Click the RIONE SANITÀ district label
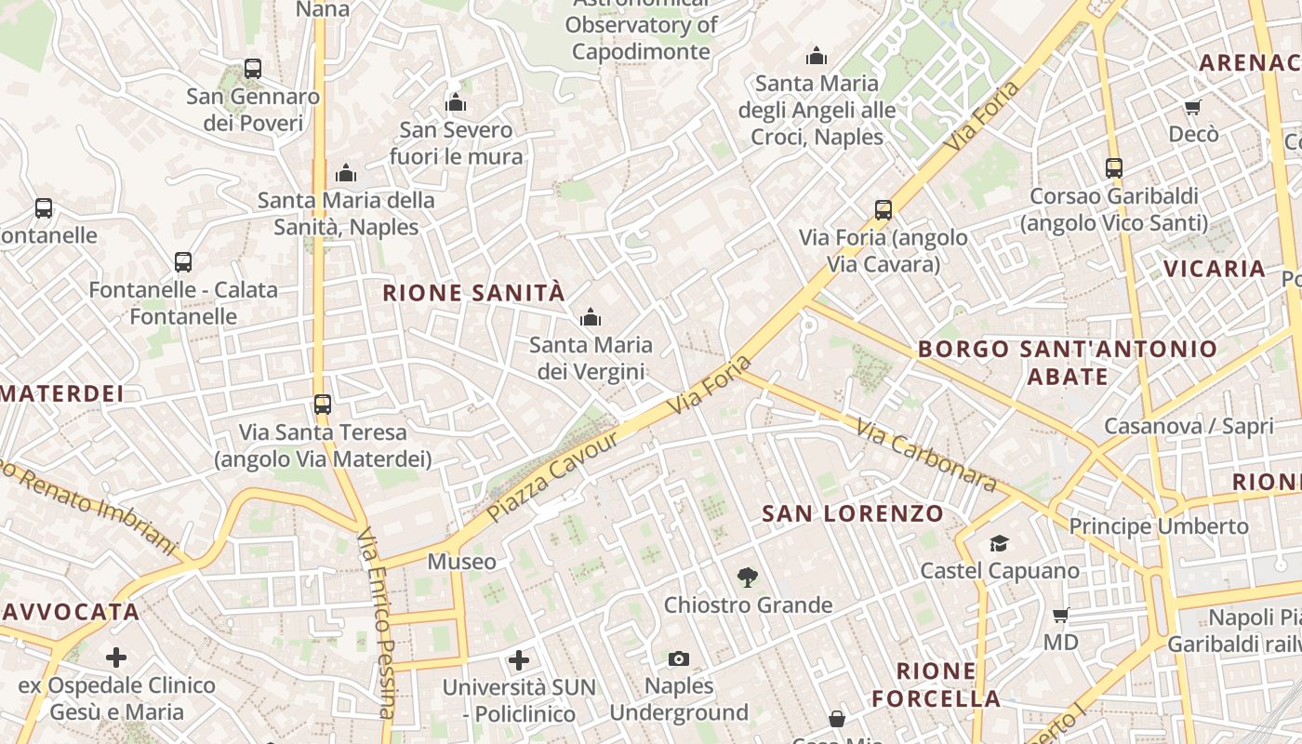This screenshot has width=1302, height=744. [473, 293]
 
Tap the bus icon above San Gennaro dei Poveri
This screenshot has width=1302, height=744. [253, 68]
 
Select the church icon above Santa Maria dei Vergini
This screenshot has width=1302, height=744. [591, 318]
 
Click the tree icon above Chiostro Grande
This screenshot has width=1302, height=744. [747, 578]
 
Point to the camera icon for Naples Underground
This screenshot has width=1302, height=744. [679, 658]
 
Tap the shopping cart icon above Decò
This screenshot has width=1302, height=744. [1192, 107]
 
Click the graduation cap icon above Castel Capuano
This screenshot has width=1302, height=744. [999, 543]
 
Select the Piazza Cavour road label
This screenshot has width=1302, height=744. [552, 476]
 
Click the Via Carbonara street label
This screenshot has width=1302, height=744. [926, 457]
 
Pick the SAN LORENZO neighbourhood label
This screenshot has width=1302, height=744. [853, 513]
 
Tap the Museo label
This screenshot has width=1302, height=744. [461, 562]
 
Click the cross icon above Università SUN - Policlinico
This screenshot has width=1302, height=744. [519, 660]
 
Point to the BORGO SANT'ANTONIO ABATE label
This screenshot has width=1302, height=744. [1068, 363]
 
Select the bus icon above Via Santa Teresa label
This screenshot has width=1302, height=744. [323, 405]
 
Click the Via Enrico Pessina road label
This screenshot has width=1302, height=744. [377, 623]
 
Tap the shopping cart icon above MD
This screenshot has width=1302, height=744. [1060, 615]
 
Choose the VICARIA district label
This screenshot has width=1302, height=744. [1215, 270]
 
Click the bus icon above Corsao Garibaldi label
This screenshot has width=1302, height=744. [1114, 168]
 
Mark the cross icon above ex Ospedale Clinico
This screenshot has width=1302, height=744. [116, 658]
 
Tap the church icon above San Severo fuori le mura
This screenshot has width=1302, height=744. [456, 102]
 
